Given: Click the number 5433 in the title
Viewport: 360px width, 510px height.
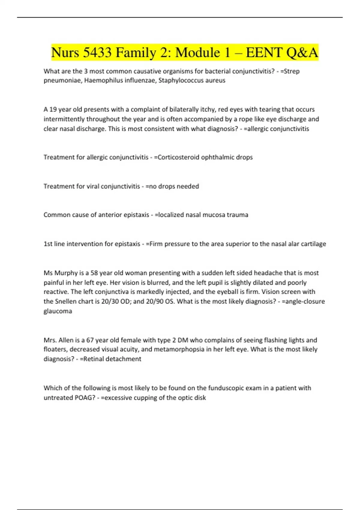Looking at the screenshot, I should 97,53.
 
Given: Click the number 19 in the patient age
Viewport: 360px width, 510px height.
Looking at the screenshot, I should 53,109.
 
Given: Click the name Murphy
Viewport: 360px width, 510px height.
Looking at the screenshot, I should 66,273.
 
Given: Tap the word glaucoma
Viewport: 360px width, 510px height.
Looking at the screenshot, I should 58,311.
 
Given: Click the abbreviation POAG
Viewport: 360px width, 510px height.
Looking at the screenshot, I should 84,398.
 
